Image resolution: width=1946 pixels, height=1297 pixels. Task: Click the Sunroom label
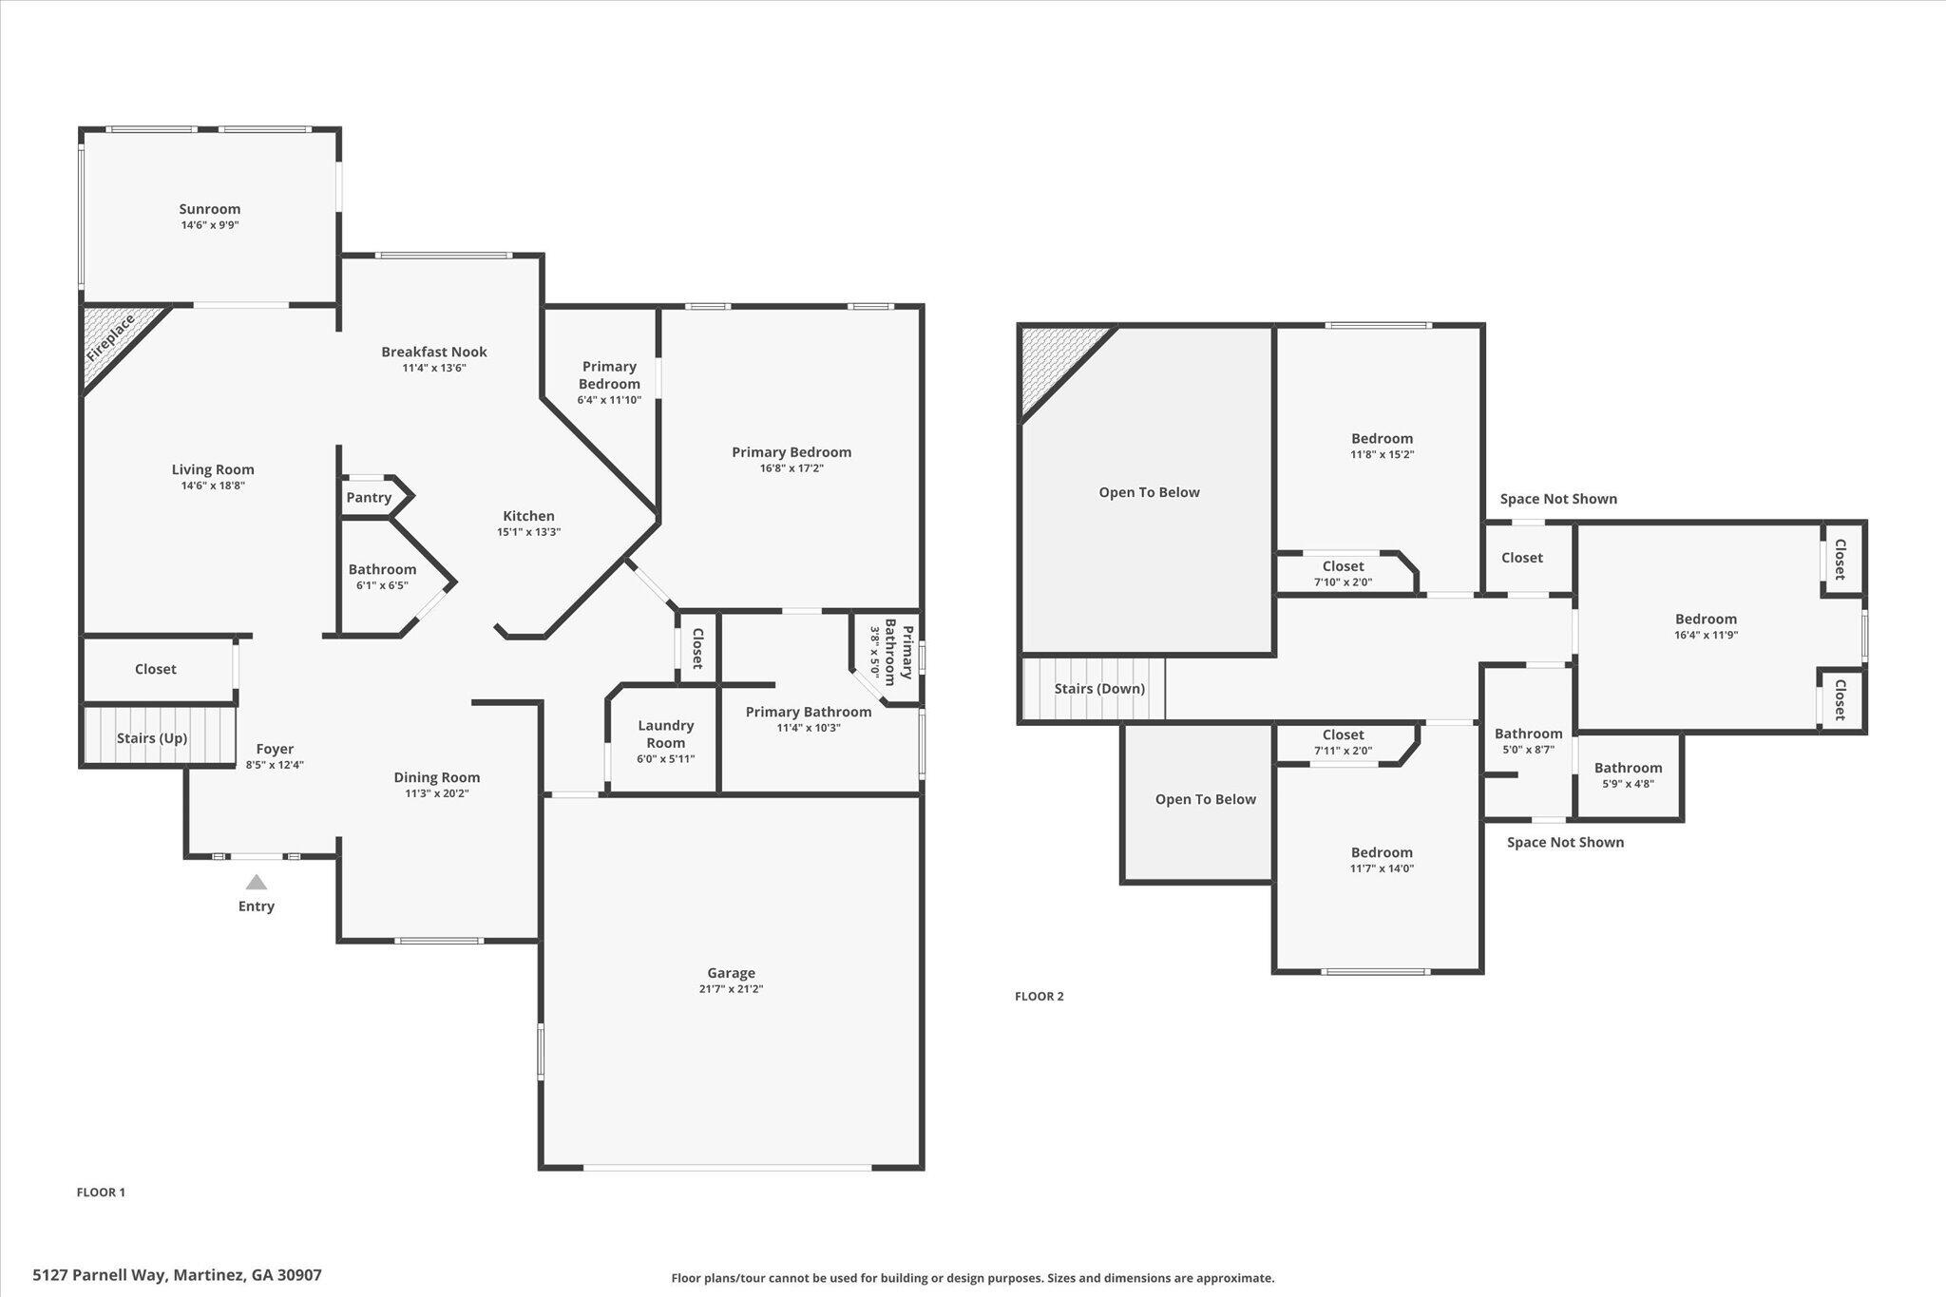pos(210,209)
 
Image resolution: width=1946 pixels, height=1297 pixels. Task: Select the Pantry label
pos(369,497)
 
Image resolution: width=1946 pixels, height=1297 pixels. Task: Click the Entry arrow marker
pos(256,883)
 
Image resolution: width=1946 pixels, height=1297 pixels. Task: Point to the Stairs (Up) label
pos(152,738)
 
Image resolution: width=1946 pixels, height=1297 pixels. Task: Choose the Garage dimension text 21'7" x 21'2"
pos(731,989)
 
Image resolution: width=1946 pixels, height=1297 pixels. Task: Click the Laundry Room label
pos(665,734)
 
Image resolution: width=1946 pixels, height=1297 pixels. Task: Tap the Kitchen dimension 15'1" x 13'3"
pos(528,532)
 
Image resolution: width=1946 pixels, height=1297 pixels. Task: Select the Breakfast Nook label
pos(434,352)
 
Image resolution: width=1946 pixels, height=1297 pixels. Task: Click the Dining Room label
pos(437,777)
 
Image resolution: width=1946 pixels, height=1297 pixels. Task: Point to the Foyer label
pos(275,749)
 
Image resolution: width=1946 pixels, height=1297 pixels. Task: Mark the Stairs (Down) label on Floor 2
pos(1099,689)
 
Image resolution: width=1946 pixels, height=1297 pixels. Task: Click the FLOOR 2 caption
pos(1040,997)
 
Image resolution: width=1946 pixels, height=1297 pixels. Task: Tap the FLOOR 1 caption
pos(101,1192)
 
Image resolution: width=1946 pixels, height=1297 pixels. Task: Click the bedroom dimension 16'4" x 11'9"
pos(1706,635)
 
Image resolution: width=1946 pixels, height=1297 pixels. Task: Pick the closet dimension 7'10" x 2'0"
pos(1343,582)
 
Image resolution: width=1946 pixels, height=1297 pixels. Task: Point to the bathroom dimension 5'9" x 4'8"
pos(1628,784)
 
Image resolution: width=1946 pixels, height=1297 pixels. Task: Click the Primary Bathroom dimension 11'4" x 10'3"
pos(809,728)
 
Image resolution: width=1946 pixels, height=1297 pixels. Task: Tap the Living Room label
pos(213,469)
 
